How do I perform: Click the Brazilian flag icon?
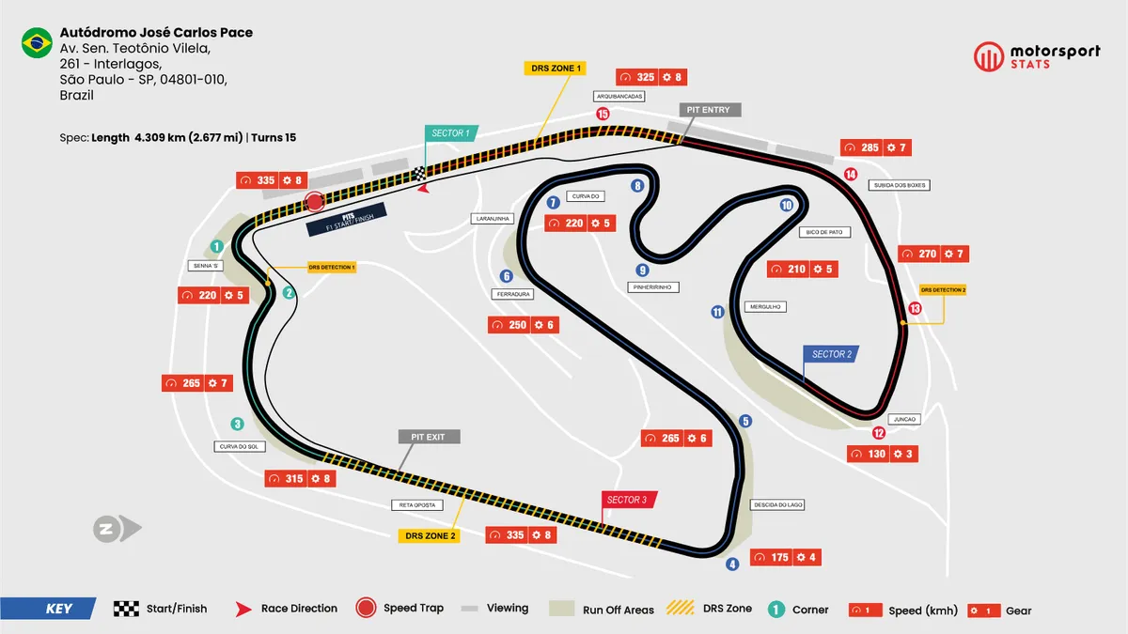pos(37,43)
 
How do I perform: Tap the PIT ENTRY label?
pos(708,110)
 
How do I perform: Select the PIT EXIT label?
pos(429,437)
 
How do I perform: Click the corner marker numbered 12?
pos(878,433)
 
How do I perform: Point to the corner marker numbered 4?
pos(732,564)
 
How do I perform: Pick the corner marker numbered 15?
pos(603,115)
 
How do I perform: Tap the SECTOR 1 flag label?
pos(450,133)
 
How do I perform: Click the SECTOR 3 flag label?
pos(627,500)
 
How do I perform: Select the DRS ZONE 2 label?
pos(430,535)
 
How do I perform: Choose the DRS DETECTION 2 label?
pos(943,290)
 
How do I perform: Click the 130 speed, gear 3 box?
pos(882,454)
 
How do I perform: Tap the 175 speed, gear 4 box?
pos(788,557)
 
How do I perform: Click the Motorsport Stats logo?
pos(1036,56)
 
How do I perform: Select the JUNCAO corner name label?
pos(906,419)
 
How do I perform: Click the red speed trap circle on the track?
pos(315,202)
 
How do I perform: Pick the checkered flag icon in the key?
pos(126,609)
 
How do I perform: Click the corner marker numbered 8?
pos(638,186)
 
